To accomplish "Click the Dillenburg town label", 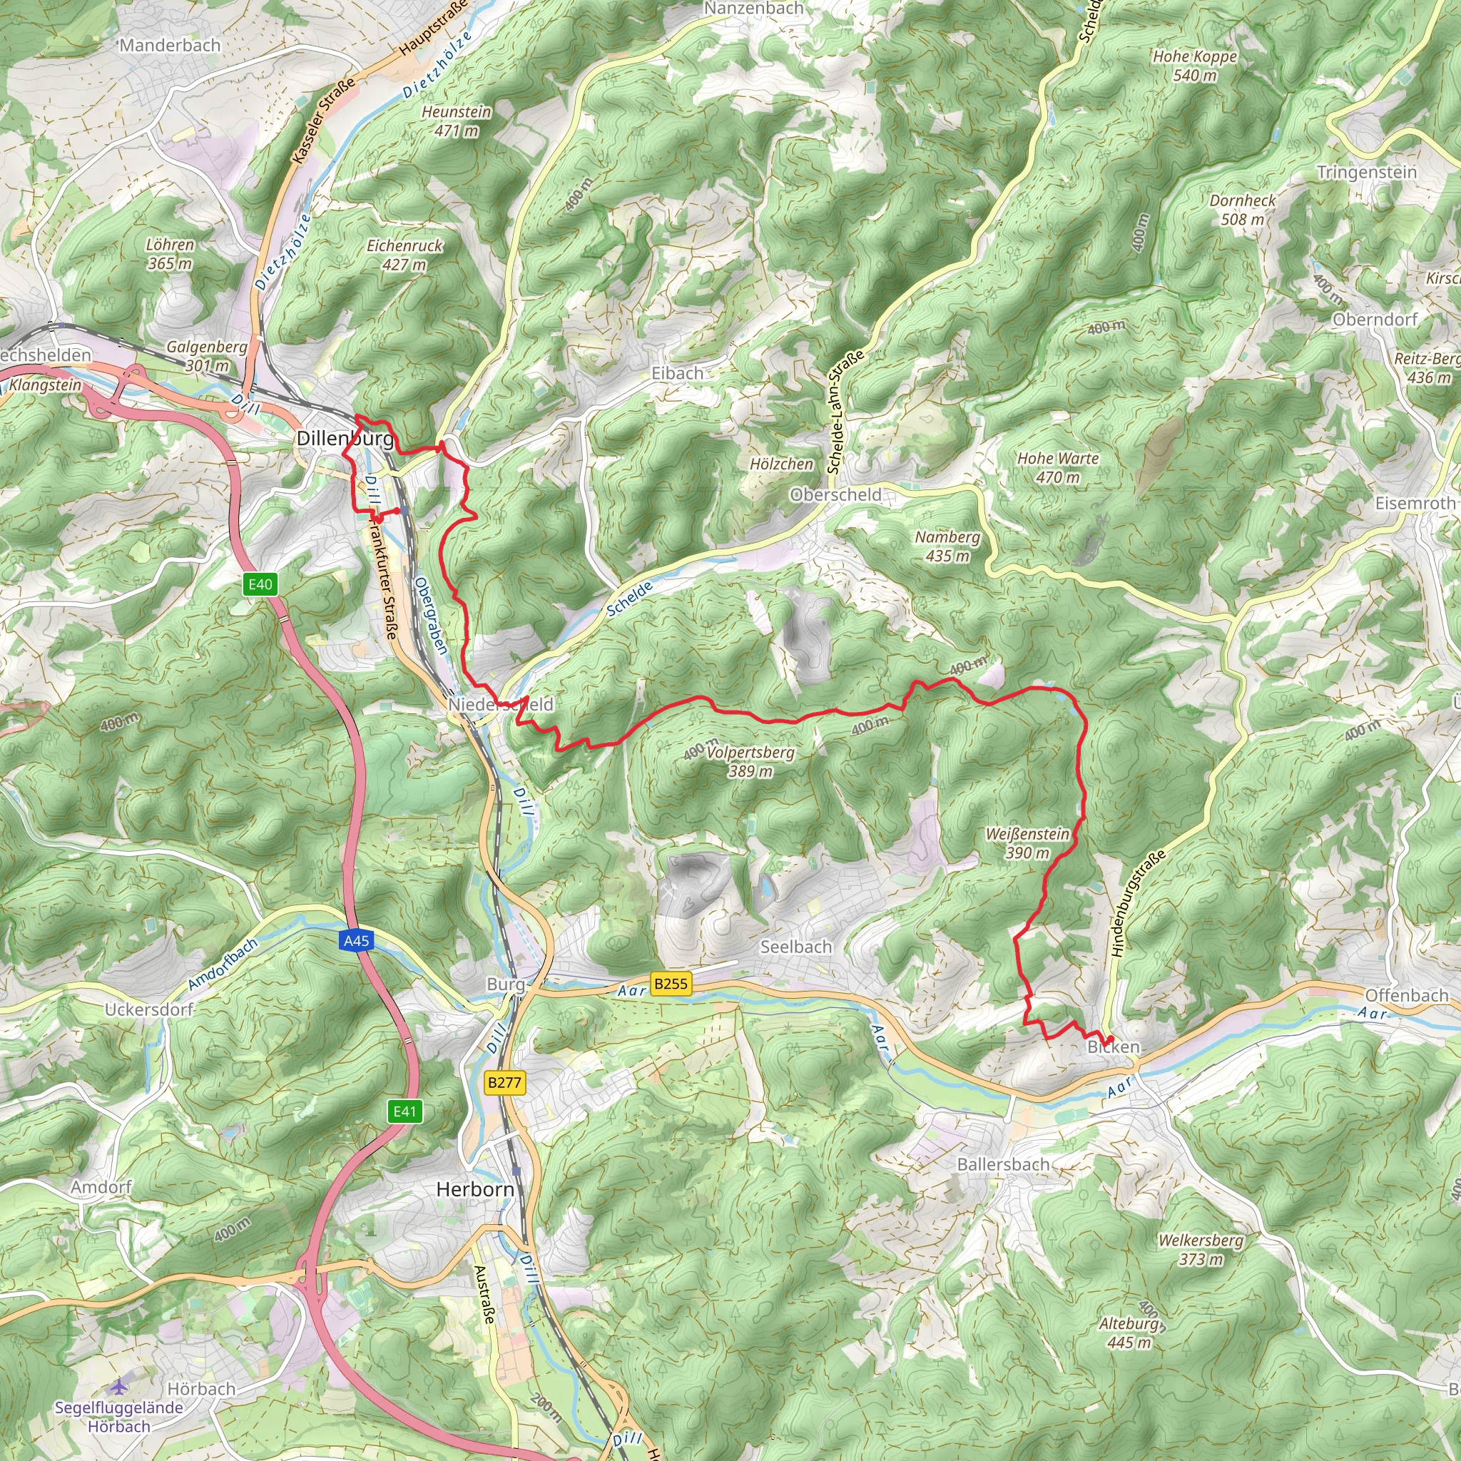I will tap(345, 439).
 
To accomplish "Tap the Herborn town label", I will tap(475, 1188).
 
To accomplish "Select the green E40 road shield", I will tap(260, 584).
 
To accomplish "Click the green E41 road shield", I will tap(404, 1111).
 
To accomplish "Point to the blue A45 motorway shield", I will tap(356, 941).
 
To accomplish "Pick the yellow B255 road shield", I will tap(671, 983).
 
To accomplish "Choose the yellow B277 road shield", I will tap(504, 1082).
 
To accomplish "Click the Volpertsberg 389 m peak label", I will tap(750, 761).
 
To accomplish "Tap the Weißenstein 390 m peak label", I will tap(1027, 843).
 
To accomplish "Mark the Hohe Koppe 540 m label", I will tap(1194, 66).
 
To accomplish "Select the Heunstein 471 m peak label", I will tap(456, 121).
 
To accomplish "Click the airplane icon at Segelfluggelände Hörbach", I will tap(118, 1386).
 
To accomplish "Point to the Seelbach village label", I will tap(795, 947).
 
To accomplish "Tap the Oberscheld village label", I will tap(835, 494).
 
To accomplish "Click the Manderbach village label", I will tap(170, 46).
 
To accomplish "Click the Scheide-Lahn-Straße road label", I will tap(845, 413).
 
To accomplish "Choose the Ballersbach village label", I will tap(1003, 1164).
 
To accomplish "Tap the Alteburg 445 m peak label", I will tap(1129, 1333).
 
